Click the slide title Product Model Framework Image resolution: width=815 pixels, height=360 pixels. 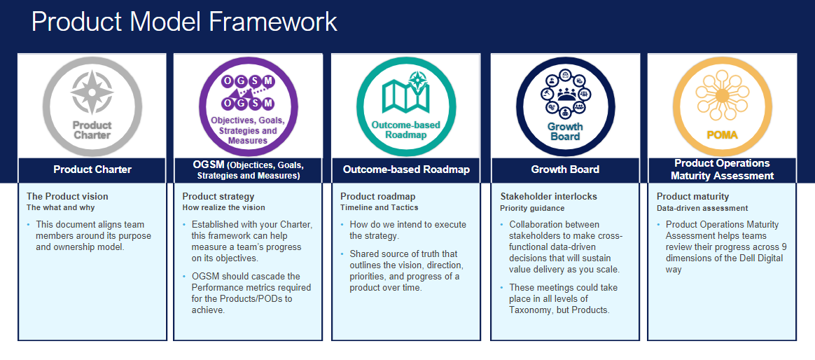point(185,22)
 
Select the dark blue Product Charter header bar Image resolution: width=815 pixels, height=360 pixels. point(92,169)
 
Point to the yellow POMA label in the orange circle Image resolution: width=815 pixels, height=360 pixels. point(721,135)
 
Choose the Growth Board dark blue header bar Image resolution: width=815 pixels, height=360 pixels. point(565,169)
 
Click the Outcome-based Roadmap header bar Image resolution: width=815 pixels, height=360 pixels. point(406,169)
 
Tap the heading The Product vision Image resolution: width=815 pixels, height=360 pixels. point(68,197)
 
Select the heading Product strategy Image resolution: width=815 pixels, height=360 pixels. point(218,197)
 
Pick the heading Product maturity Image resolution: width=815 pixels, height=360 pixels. point(692,197)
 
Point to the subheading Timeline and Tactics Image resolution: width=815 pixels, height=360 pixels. point(379,207)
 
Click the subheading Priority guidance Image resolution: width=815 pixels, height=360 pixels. point(532,208)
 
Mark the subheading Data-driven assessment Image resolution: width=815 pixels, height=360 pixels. point(702,208)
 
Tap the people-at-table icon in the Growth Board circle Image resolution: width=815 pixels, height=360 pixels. point(565,94)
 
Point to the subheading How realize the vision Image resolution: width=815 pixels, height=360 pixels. point(223,207)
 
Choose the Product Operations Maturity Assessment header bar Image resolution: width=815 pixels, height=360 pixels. point(722,169)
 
